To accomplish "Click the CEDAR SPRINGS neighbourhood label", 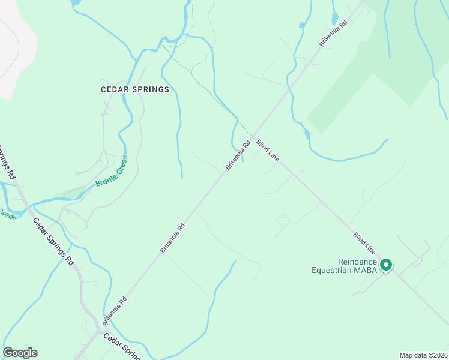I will (135, 89).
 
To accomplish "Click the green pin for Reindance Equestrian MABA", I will (387, 265).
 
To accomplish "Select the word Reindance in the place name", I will (357, 262).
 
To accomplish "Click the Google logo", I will (20, 353).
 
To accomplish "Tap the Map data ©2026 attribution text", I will (423, 355).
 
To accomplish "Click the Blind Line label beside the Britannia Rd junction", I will (268, 150).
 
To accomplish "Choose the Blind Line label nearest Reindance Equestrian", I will (364, 242).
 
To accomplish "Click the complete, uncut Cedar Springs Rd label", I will (53, 241).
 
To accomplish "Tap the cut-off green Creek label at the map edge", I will (7, 214).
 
